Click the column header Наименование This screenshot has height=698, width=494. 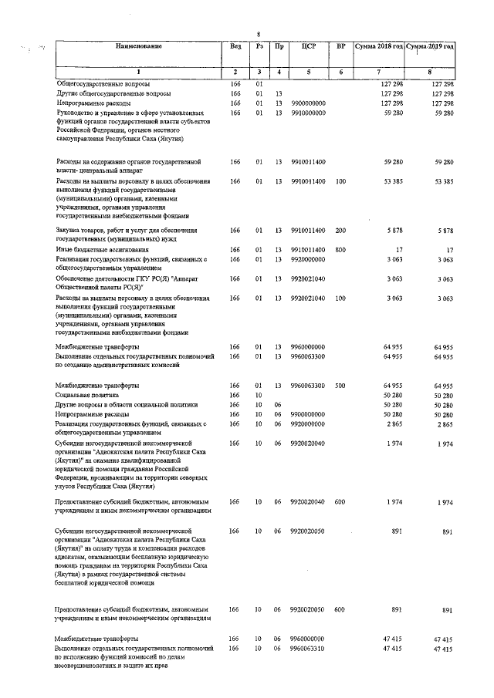(x=139, y=47)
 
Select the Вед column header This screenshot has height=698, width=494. (x=235, y=47)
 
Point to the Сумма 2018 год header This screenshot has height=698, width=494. (x=378, y=47)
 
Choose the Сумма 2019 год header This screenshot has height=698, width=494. (x=430, y=47)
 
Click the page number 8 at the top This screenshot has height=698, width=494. (x=259, y=33)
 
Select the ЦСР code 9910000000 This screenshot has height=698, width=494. (x=308, y=113)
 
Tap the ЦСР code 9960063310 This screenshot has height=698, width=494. (x=308, y=649)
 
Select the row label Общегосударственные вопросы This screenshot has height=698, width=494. (x=103, y=83)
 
